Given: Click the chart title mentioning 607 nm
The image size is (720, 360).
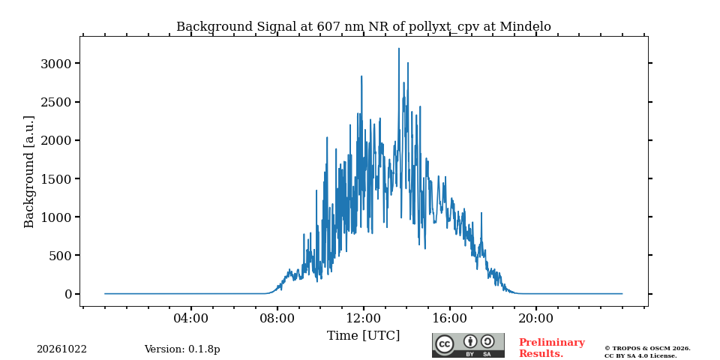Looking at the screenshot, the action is click(363, 27).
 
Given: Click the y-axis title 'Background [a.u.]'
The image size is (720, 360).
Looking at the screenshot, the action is click(29, 172).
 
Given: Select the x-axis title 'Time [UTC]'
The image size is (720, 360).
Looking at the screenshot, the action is click(363, 336).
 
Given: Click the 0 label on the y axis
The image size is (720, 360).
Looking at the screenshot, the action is click(69, 294).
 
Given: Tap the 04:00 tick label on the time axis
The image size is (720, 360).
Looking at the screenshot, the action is click(191, 318).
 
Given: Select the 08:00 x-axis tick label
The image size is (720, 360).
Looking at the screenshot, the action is click(277, 318).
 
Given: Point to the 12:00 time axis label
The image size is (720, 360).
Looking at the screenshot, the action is click(364, 318).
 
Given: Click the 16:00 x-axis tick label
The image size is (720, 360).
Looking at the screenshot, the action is click(449, 318).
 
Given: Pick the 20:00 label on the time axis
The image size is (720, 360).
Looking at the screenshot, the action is click(535, 318).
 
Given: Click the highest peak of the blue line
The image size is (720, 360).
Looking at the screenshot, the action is click(398, 49).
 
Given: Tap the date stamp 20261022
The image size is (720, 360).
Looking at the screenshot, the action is click(62, 349).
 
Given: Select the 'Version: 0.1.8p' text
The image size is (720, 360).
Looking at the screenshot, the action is click(182, 349).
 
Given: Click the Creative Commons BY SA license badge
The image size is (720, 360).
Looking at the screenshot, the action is click(468, 345).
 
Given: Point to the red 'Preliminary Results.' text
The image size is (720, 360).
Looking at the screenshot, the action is click(552, 348).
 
